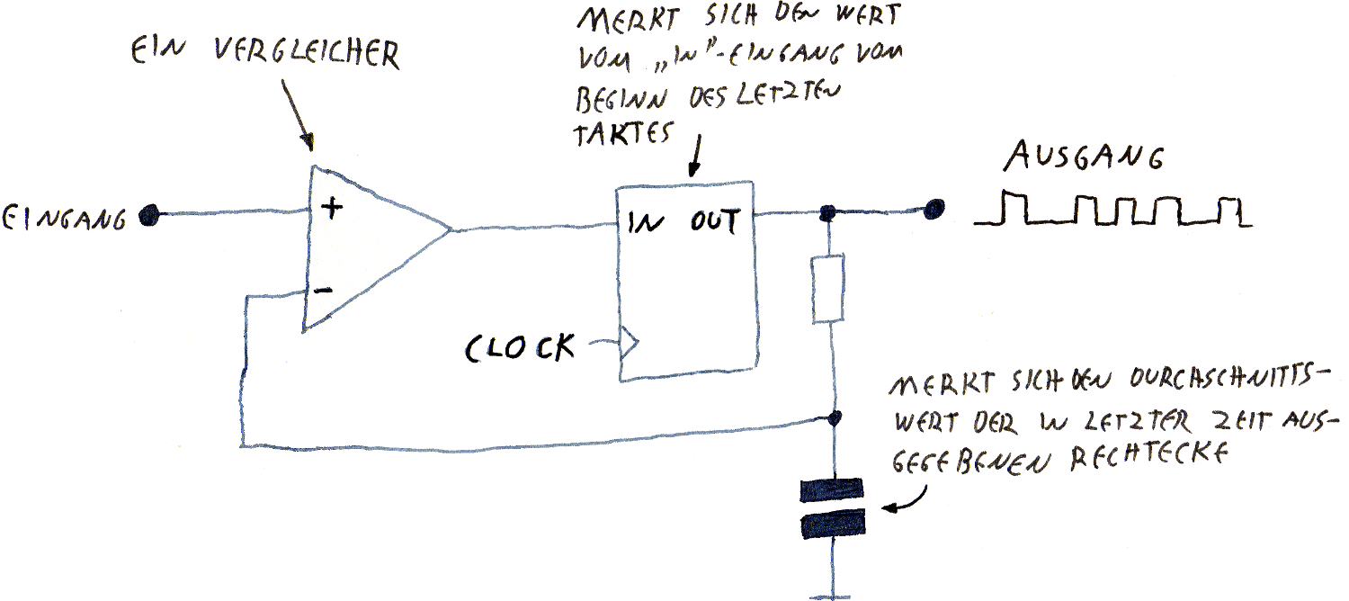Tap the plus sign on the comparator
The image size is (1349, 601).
coord(332,207)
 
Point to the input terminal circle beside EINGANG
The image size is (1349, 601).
coord(149,215)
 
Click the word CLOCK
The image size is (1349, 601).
coord(521,346)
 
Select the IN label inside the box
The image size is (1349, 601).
coord(644,220)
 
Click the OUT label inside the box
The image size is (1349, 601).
coord(715,220)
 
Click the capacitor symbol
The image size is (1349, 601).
coord(831,508)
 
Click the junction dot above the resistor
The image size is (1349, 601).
coord(828,213)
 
